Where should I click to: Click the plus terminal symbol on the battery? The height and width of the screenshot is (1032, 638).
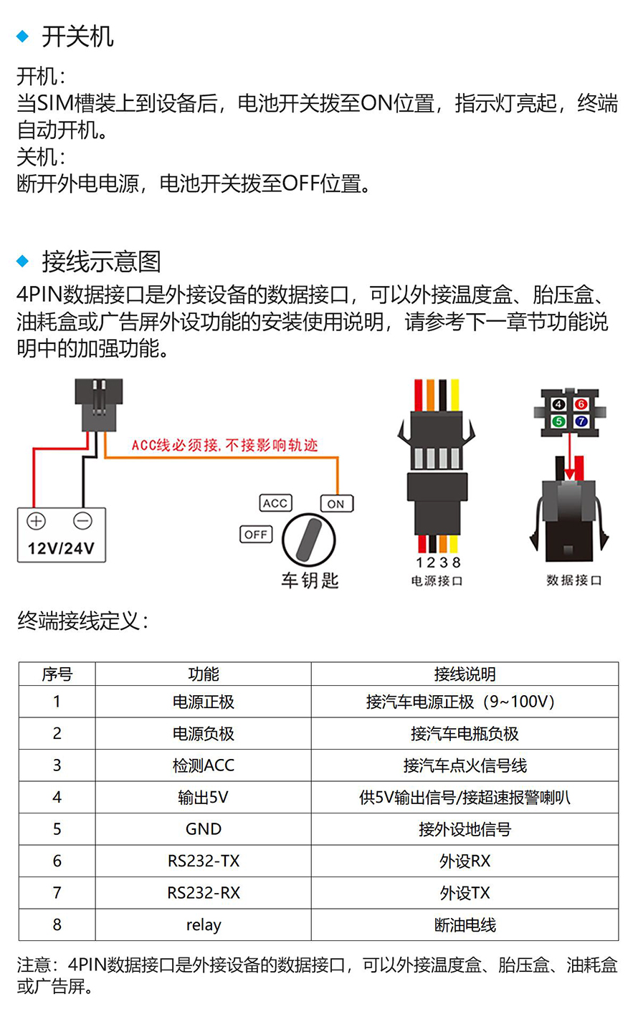(36, 521)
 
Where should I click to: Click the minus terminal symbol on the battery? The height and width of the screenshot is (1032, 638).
(82, 521)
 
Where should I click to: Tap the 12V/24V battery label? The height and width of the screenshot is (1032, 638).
(61, 548)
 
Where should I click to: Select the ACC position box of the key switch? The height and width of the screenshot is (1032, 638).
(276, 503)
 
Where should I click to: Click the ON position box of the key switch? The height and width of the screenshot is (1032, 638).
(336, 504)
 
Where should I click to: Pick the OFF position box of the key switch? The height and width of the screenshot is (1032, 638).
(256, 535)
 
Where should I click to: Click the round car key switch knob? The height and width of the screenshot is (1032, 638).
(309, 540)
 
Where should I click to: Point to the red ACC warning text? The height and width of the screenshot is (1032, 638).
(224, 445)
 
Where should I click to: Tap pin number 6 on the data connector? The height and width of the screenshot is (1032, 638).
(581, 404)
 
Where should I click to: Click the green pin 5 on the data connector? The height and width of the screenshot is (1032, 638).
(558, 421)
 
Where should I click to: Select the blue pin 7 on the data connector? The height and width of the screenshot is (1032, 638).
(581, 421)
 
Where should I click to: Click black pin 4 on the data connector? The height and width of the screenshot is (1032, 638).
(558, 404)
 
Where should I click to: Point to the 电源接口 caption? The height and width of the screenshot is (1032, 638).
(437, 580)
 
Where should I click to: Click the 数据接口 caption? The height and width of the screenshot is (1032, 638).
(574, 580)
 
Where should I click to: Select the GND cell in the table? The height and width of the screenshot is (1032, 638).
(204, 828)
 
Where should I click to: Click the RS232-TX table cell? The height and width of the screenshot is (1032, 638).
(204, 861)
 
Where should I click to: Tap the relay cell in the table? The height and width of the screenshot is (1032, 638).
(204, 924)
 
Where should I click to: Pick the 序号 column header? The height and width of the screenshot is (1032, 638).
(57, 674)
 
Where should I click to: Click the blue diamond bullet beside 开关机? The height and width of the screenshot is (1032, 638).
(22, 36)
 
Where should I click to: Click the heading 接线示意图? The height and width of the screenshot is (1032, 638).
(101, 261)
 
